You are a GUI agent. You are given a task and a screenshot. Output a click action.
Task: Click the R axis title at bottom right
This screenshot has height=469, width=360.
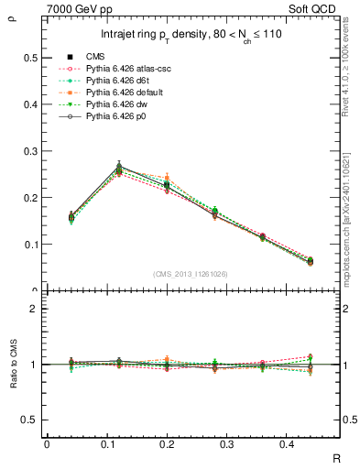[336, 460]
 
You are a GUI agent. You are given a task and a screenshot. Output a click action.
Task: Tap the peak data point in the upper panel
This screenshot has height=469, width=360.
[119, 167]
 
